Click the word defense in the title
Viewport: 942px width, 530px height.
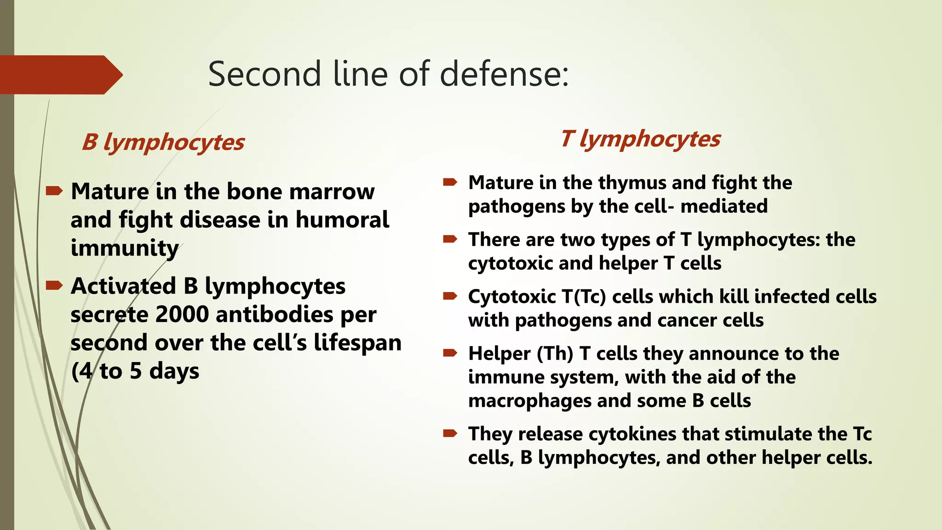[x=504, y=75]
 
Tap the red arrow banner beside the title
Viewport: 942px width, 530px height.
[x=60, y=75]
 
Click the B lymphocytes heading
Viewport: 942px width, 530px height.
[x=163, y=142]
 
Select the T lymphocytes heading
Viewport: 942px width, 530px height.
[x=640, y=139]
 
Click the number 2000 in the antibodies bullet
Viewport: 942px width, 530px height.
[x=182, y=315]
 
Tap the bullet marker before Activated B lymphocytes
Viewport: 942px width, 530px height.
[x=54, y=286]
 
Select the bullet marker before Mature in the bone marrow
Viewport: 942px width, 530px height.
[x=54, y=191]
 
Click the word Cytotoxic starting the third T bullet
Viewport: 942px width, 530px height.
[x=512, y=297]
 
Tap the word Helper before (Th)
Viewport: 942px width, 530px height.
[x=499, y=354]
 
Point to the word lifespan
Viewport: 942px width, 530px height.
[x=357, y=343]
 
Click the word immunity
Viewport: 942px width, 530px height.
[x=124, y=248]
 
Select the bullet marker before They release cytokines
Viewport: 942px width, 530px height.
[x=449, y=433]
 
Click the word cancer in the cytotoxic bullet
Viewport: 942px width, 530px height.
[x=687, y=321]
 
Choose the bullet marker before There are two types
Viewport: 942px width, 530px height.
[x=449, y=239]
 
